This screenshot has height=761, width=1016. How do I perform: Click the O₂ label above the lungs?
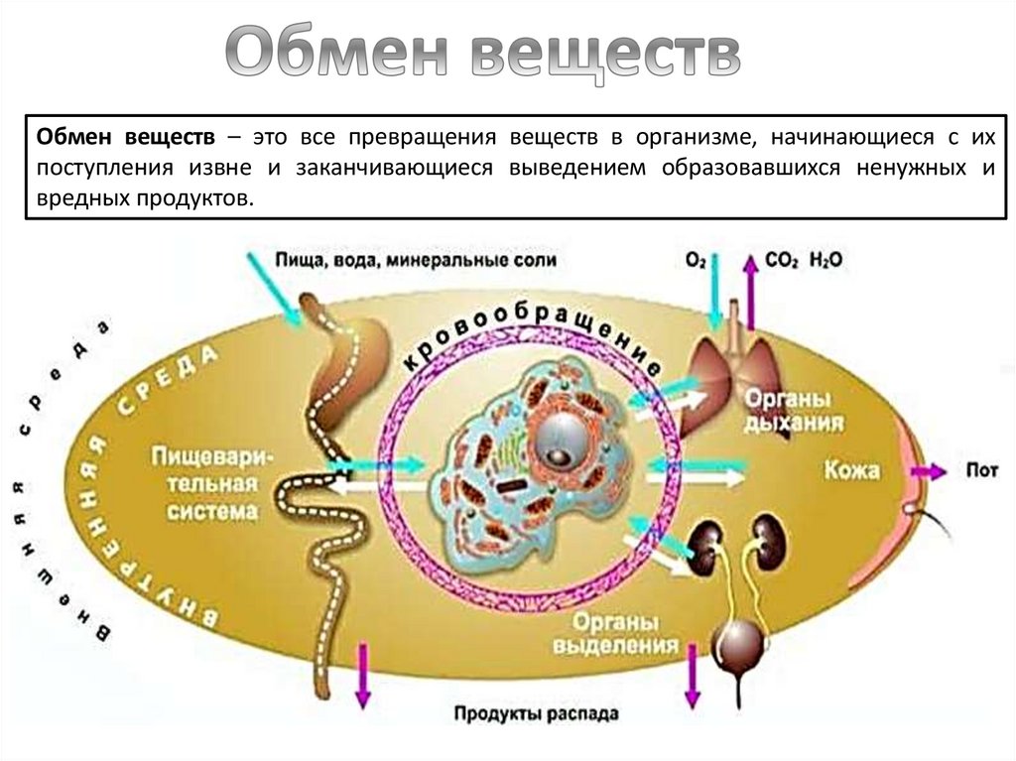(696, 261)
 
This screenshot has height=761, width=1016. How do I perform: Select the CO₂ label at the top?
(780, 261)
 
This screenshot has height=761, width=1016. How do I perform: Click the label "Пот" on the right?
(981, 470)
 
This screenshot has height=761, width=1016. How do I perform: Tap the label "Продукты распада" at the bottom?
(537, 713)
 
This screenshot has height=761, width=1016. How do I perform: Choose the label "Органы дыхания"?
(788, 410)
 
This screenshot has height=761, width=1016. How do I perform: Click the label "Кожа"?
(850, 469)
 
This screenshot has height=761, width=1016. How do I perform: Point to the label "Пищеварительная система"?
(205, 483)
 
